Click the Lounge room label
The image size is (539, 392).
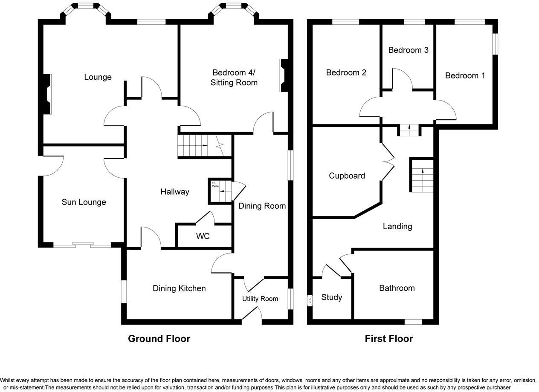98,77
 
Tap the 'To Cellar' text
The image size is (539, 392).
215,184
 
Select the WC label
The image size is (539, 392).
203,236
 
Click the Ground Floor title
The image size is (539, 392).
159,339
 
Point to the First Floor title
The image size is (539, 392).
389,339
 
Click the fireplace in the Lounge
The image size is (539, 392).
47,94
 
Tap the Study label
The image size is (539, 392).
331,297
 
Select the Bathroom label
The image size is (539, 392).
397,288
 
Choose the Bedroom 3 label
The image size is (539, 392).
408,50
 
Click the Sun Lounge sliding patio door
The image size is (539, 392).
82,245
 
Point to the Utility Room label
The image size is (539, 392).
260,299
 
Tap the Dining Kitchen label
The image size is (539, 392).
179,288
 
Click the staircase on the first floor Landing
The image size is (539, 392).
422,175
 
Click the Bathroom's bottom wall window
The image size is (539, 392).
413,322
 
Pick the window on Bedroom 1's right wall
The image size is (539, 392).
496,44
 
